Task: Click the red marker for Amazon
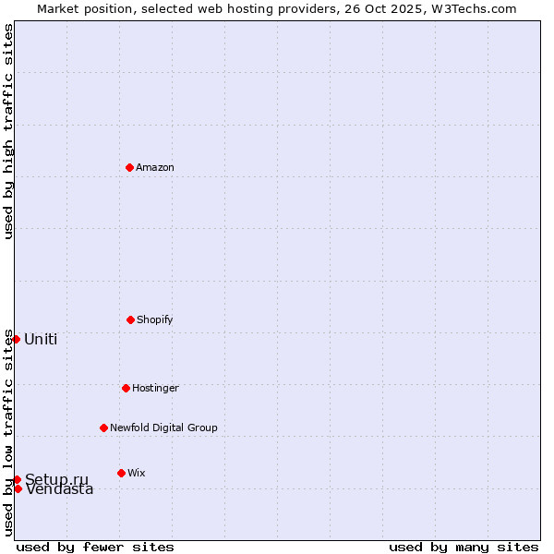tap(129, 167)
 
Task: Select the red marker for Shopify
tap(130, 319)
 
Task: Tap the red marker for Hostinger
tap(126, 388)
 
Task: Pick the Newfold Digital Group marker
tap(103, 428)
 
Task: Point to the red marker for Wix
tap(121, 473)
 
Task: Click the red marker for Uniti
tap(16, 339)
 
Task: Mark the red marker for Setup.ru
tap(17, 479)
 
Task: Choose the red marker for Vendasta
tap(18, 488)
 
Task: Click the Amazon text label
tap(155, 167)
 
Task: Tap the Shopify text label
tap(155, 319)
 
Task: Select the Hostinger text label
tap(155, 388)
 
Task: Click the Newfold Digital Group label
tap(163, 428)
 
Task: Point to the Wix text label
tap(137, 473)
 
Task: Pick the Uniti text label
tap(41, 339)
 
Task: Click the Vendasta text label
tap(60, 490)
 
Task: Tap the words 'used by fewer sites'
tap(95, 547)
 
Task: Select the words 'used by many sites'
tap(464, 547)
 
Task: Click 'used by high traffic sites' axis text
tap(8, 131)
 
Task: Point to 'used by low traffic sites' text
tap(8, 432)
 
